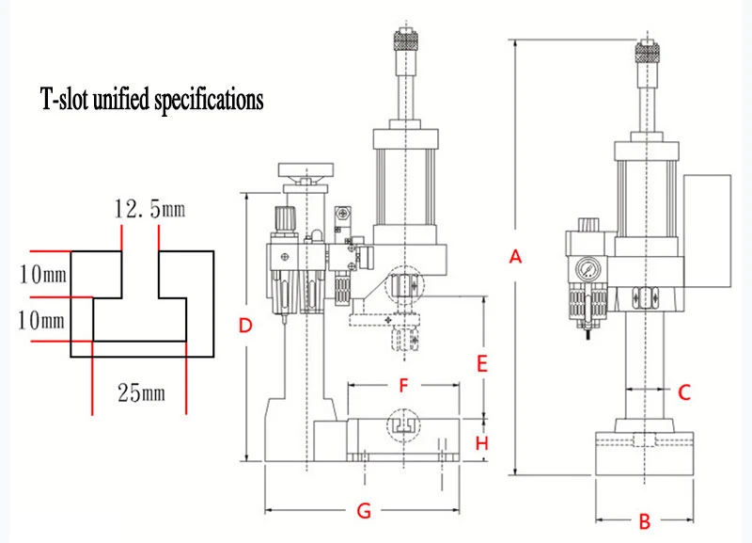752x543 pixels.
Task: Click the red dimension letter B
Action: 645,520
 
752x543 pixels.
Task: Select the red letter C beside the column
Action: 684,392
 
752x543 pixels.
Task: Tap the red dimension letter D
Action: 245,327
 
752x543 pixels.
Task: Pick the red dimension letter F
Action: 402,385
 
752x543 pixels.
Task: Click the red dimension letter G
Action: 365,511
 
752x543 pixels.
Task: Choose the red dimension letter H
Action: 481,442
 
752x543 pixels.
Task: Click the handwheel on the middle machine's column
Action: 305,172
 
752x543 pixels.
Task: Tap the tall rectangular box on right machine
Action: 707,232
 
